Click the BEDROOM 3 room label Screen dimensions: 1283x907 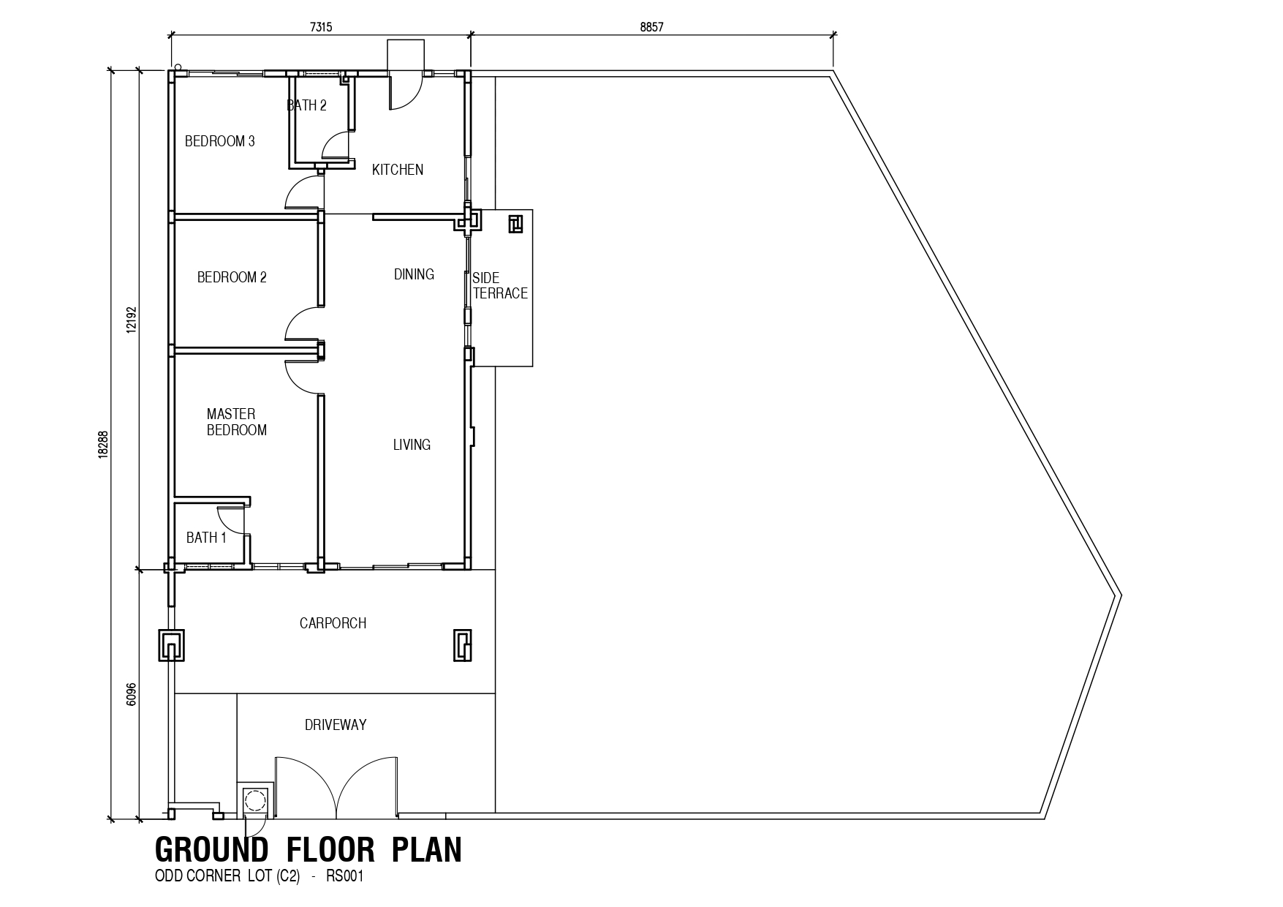coord(220,141)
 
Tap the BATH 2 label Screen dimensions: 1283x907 coord(306,105)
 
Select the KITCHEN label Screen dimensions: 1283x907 coord(398,170)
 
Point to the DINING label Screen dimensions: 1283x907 coord(414,274)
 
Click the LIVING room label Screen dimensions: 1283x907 coord(412,445)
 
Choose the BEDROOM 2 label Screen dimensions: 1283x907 coord(232,277)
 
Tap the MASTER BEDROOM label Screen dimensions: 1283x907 coord(236,422)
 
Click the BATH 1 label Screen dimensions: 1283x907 coord(206,538)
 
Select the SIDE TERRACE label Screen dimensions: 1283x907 coord(500,286)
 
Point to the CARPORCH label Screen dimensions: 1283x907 coord(333,623)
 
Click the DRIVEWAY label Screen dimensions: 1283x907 coord(336,725)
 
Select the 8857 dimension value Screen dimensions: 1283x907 coord(651,27)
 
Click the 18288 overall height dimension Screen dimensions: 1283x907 coord(103,444)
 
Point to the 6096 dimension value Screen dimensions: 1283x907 coord(131,694)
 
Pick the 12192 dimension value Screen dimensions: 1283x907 coord(131,320)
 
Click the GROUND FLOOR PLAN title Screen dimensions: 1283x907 coord(309,851)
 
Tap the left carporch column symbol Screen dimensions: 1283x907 coord(171,645)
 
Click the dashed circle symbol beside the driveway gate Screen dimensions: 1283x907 coord(254,801)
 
